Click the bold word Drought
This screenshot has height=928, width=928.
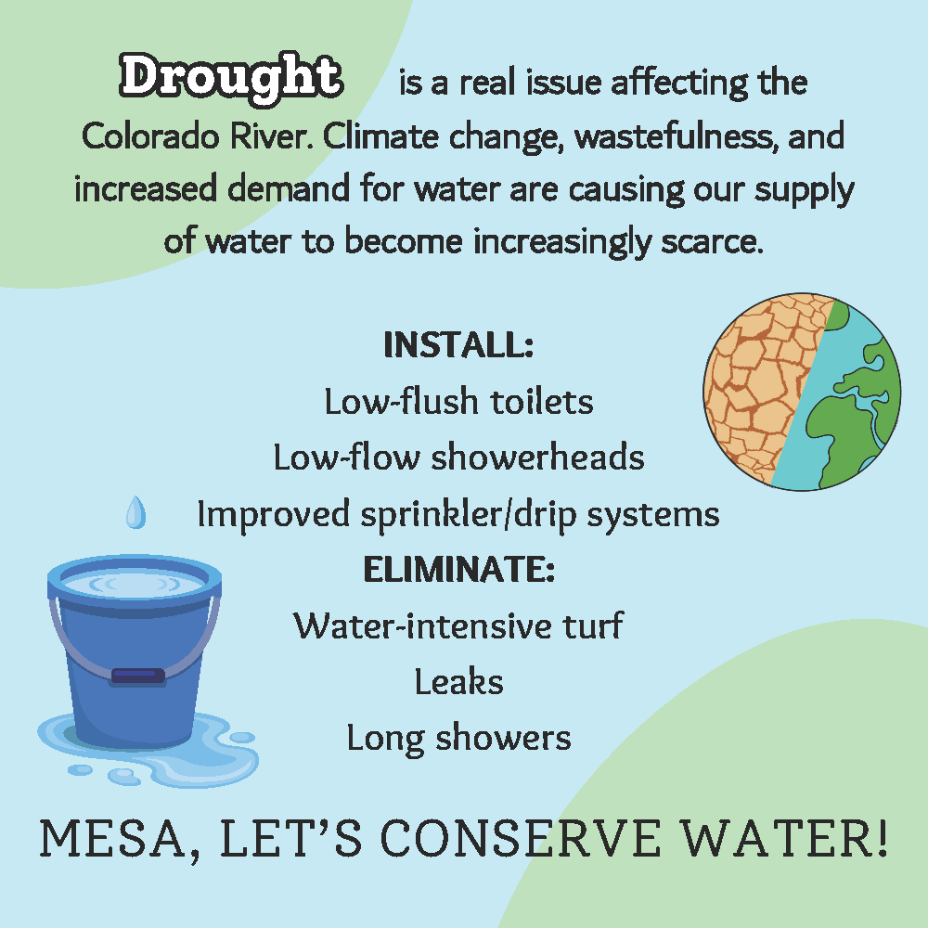(x=230, y=78)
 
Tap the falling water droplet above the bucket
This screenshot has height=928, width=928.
(x=136, y=512)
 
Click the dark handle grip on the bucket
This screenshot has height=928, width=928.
(x=136, y=677)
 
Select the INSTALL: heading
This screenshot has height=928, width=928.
(x=458, y=345)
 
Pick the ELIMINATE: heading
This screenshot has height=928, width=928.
(x=458, y=569)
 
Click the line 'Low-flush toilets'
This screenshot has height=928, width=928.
(x=458, y=402)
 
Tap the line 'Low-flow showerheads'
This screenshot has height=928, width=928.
(x=458, y=458)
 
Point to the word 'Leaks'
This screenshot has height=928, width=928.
(x=458, y=682)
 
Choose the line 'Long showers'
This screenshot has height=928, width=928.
(x=458, y=739)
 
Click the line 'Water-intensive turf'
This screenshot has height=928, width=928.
(x=458, y=625)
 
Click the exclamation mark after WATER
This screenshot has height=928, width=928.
(x=877, y=837)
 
